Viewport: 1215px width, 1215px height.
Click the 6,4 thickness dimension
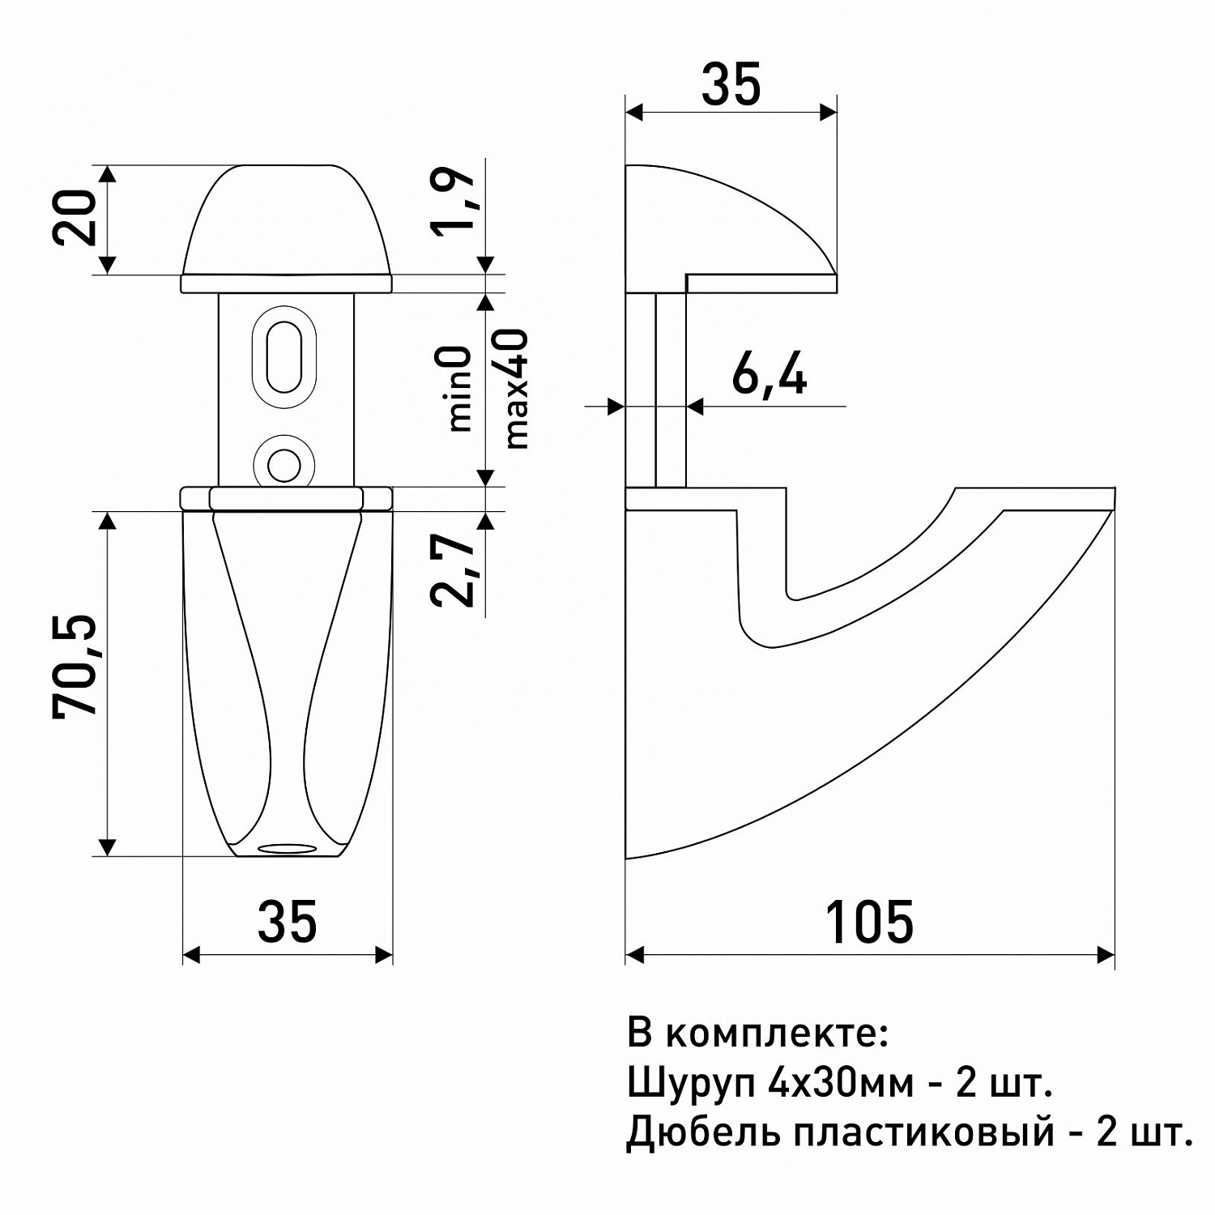(769, 373)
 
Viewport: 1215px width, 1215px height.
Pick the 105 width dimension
(869, 921)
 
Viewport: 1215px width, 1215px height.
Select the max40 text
(516, 389)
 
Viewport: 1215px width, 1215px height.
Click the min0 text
(458, 388)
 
